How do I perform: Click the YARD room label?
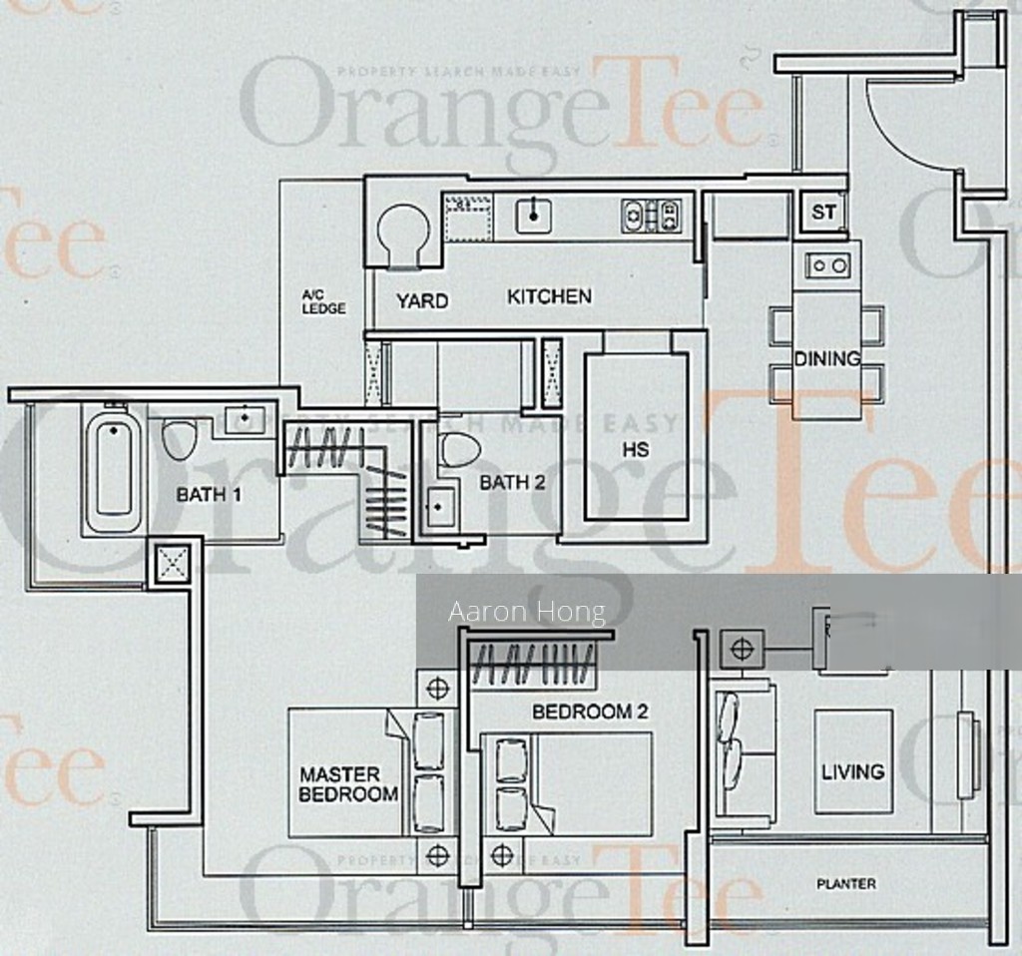(421, 300)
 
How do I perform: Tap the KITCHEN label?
(549, 296)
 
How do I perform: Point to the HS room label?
(636, 449)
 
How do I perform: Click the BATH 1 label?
(210, 494)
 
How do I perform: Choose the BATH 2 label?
(512, 484)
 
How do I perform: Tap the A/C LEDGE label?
(324, 302)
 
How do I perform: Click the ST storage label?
(823, 213)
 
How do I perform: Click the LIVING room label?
(852, 771)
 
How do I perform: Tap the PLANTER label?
(846, 884)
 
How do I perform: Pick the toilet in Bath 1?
(180, 440)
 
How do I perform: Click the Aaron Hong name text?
(527, 612)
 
